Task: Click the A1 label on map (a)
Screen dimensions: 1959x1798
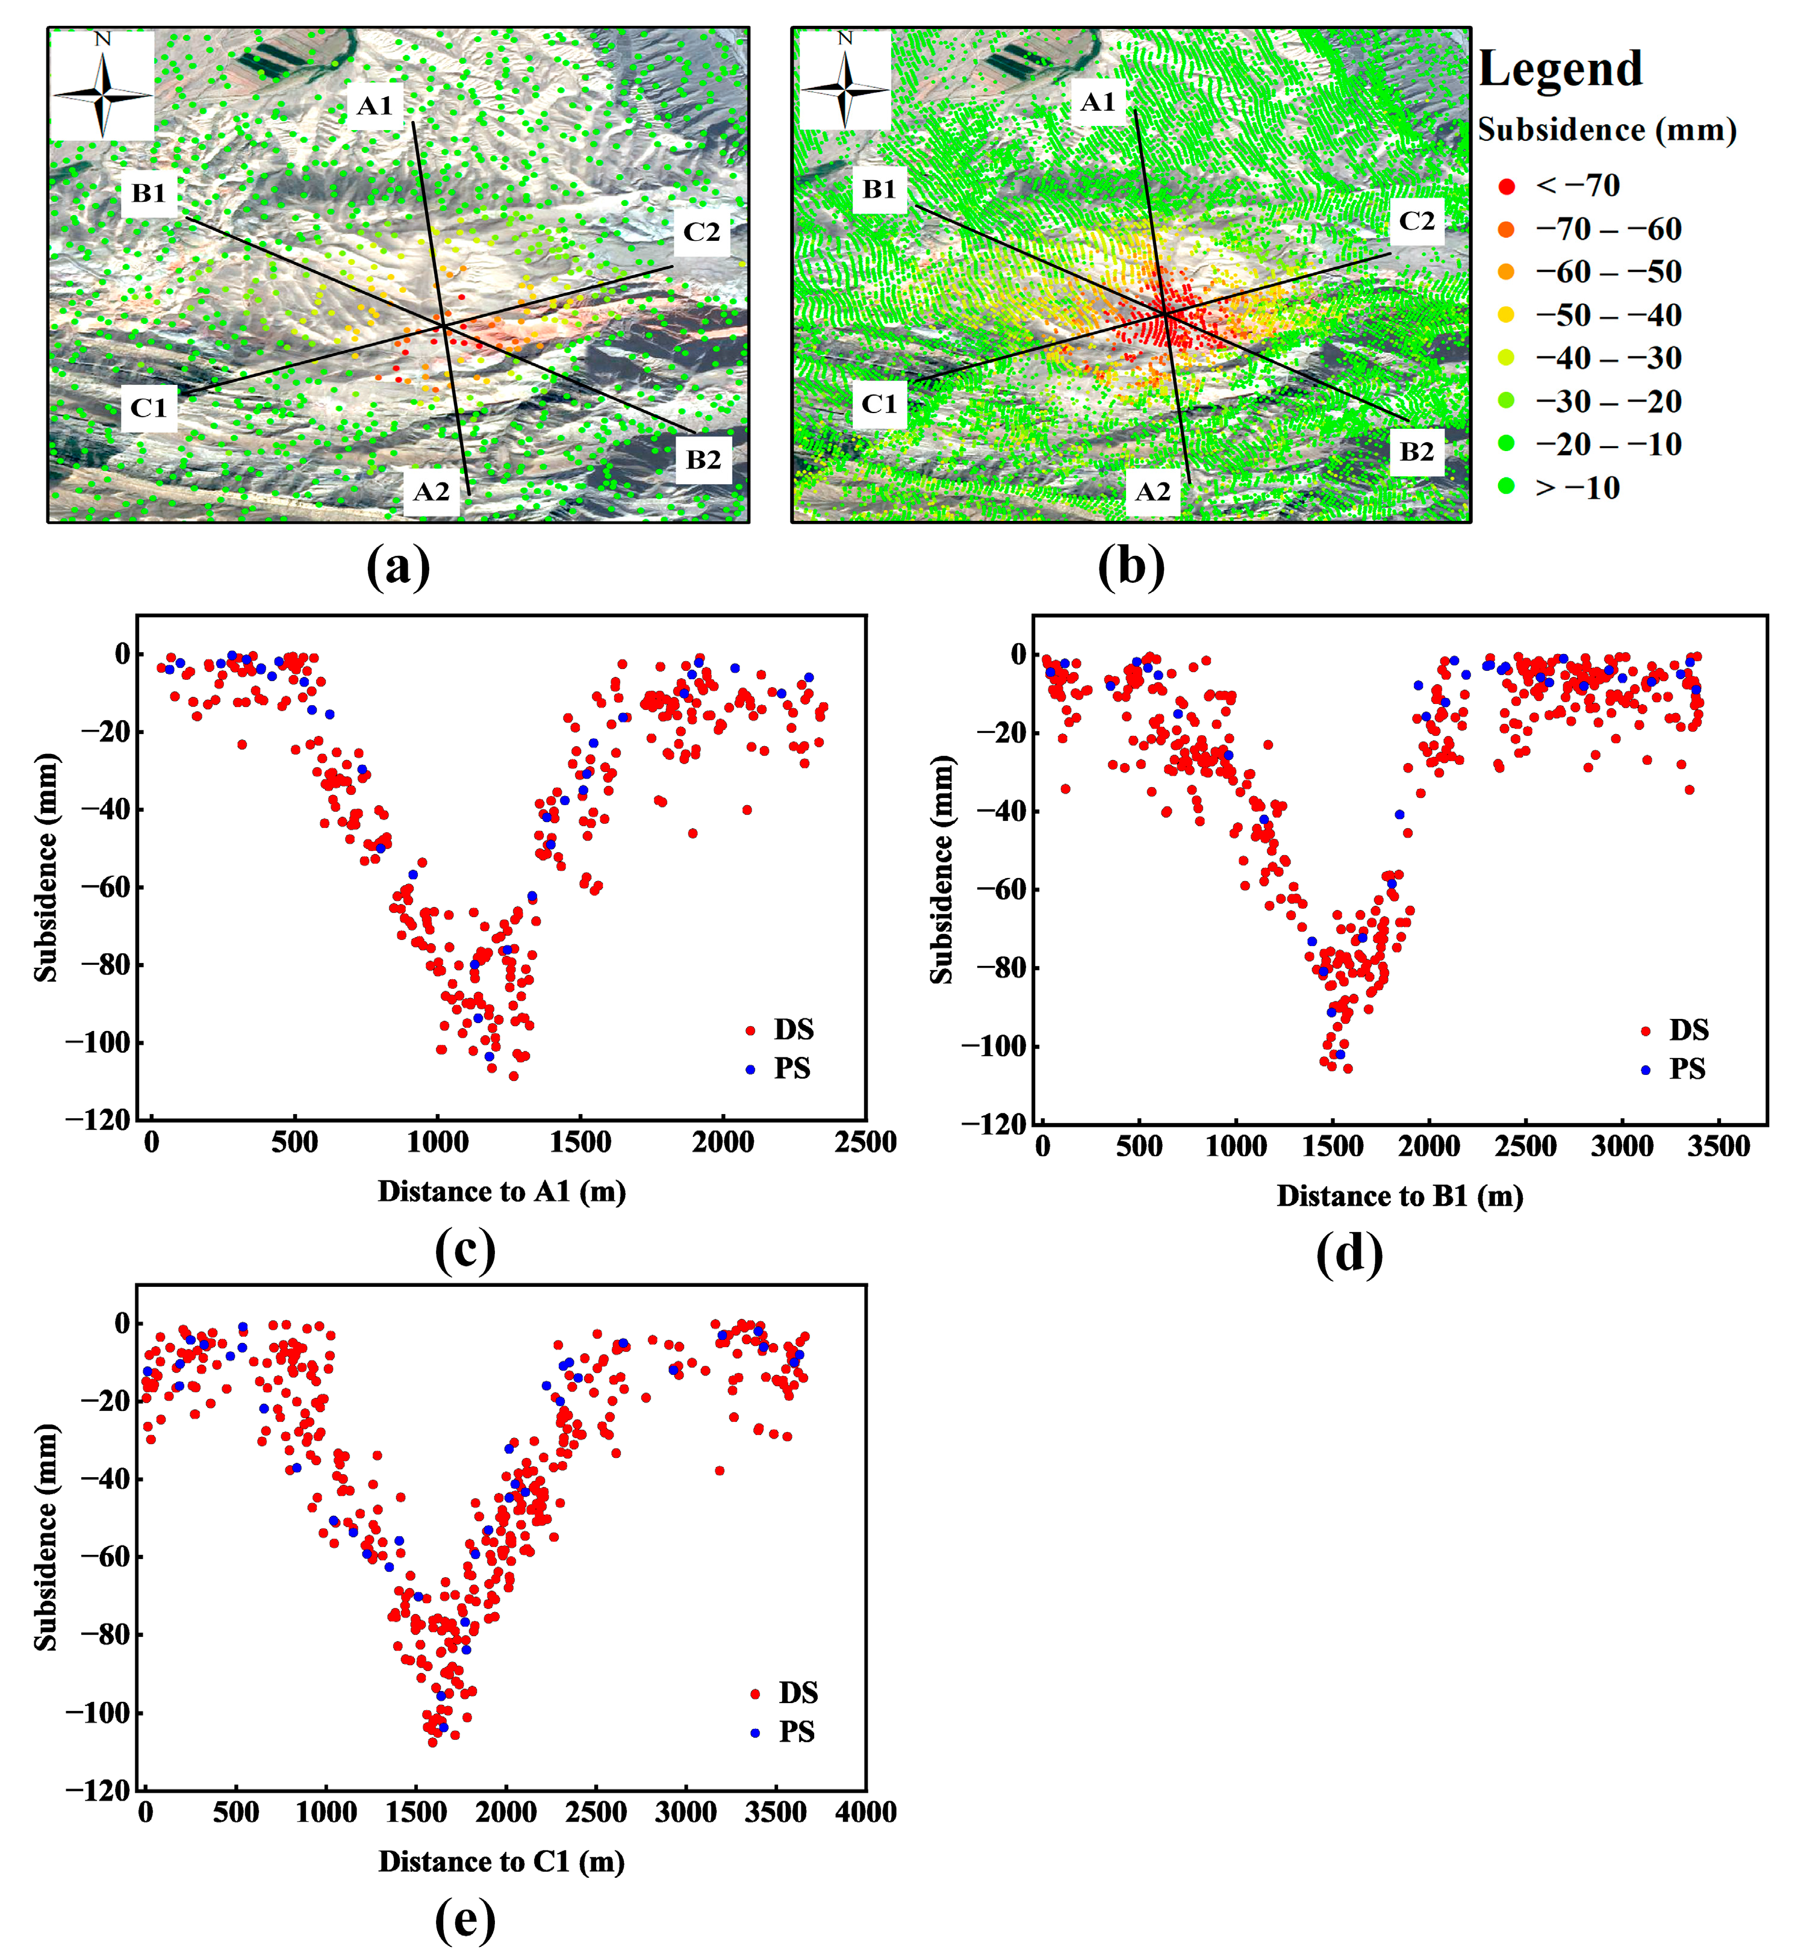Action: click(x=375, y=106)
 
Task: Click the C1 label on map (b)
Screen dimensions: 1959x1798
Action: click(x=879, y=404)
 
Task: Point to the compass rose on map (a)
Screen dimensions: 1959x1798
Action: click(x=102, y=86)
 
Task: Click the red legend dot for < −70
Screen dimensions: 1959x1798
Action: click(x=1506, y=186)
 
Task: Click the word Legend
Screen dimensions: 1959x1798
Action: click(x=1560, y=69)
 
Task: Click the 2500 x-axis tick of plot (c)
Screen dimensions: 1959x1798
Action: click(x=864, y=1142)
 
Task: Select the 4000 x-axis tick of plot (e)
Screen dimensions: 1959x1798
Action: click(x=865, y=1812)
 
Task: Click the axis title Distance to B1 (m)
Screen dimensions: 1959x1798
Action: click(x=1399, y=1196)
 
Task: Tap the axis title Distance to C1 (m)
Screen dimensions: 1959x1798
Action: click(x=501, y=1861)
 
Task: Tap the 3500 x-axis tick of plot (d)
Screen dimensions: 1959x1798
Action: click(x=1719, y=1147)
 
